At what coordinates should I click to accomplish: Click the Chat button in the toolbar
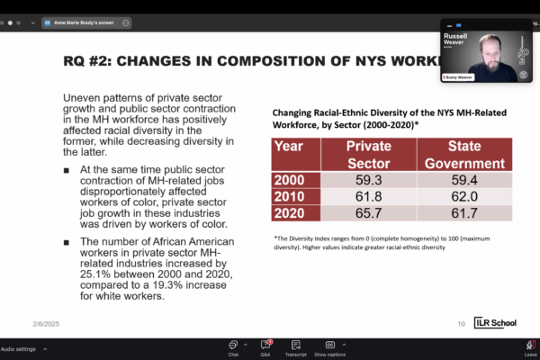233,347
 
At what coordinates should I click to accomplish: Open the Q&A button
265,347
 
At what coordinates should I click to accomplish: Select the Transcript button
296,347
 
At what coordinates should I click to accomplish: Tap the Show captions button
330,347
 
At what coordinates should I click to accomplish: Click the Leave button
530,347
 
